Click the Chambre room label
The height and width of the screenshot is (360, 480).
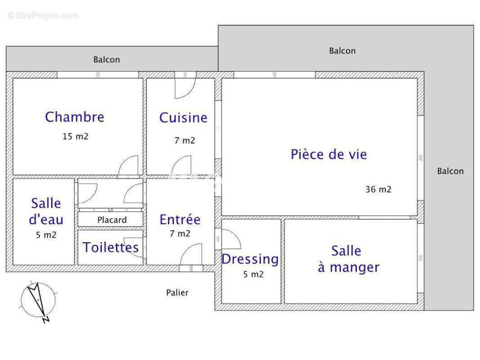[x=75, y=117]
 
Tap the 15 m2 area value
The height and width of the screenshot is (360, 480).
[x=76, y=136]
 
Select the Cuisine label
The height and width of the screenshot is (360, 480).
[x=183, y=118]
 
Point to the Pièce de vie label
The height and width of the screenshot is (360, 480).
[x=329, y=154]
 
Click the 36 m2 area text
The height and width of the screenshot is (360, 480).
[x=378, y=189]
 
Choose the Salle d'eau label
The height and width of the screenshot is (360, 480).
[x=46, y=211]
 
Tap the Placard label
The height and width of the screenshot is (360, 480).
[x=112, y=220]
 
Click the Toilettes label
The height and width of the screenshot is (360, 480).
[x=111, y=247]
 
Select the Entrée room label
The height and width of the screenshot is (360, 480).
[x=180, y=220]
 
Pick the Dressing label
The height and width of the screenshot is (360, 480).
[x=250, y=259]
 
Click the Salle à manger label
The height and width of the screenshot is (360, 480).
[x=349, y=259]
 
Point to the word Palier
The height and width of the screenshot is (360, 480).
[x=177, y=292]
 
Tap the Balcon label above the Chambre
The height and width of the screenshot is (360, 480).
[x=107, y=59]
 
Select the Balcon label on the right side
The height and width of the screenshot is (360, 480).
[x=450, y=171]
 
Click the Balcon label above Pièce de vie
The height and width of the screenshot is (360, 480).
[x=342, y=51]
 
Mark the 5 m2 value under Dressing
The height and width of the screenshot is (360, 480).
[x=253, y=274]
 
